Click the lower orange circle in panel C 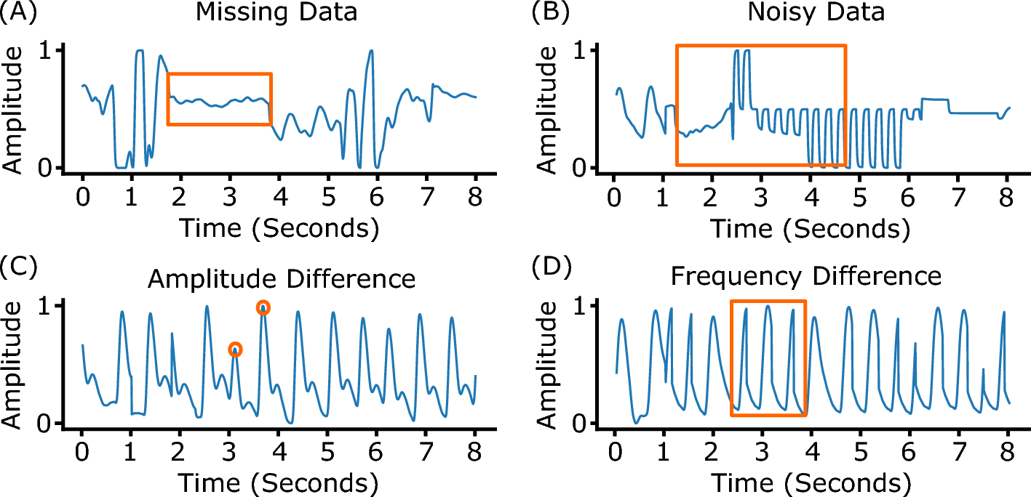[235, 349]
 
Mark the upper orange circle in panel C [263, 308]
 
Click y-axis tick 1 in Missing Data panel [47, 50]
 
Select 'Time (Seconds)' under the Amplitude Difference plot [278, 482]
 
